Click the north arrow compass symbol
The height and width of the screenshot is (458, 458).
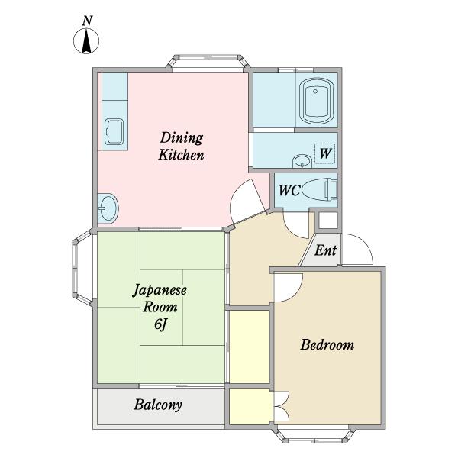point(86,41)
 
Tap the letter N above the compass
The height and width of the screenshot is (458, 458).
point(87,21)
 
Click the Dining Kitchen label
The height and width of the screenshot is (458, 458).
point(181,147)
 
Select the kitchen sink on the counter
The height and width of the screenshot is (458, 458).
point(114,131)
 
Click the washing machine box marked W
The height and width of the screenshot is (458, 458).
point(324,153)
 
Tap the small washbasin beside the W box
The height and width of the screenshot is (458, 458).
point(302,161)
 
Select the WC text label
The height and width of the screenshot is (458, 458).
point(289,190)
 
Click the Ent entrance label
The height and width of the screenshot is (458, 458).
point(325,250)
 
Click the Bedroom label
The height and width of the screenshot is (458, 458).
point(327,345)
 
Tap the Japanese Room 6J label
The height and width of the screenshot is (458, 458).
point(160,308)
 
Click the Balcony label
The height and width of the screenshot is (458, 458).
point(158,405)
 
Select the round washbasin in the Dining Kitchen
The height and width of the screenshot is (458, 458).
point(108,208)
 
